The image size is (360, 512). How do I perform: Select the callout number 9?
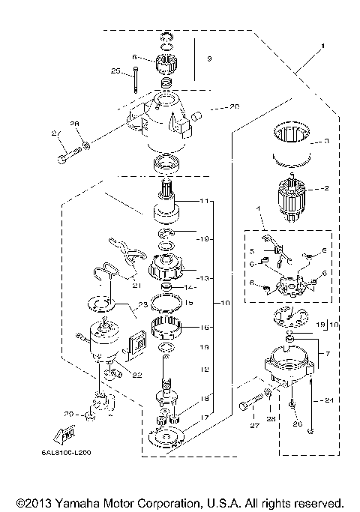pyautogui.click(x=209, y=58)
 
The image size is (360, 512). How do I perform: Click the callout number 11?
pyautogui.click(x=205, y=201)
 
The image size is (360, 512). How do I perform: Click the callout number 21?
pyautogui.click(x=156, y=283)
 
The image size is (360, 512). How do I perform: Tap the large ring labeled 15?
pyautogui.click(x=169, y=303)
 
